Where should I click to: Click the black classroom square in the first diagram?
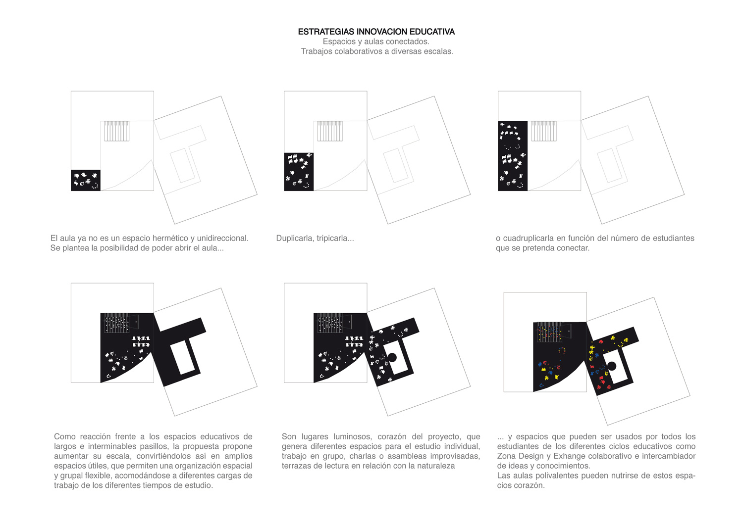tap(86, 180)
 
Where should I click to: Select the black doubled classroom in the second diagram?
tap(299, 172)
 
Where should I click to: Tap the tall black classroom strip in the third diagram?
tap(513, 156)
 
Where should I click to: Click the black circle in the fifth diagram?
tap(392, 357)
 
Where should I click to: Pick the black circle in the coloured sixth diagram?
tap(612, 366)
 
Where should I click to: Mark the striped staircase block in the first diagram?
tap(117, 131)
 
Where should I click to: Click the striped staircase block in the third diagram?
tap(544, 131)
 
